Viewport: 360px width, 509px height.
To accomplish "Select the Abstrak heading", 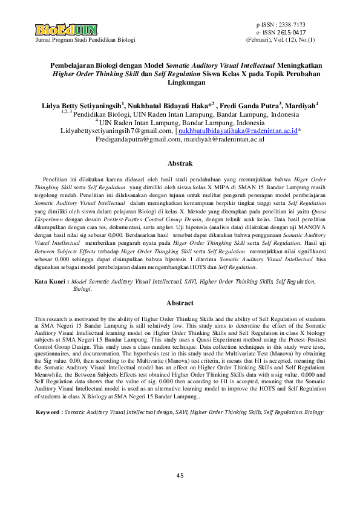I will pos(180,164).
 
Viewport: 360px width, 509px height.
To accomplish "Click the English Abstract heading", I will pos(180,303).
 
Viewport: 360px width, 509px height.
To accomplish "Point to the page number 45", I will pos(180,476).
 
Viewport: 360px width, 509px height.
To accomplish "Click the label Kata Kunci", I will pos(51,282).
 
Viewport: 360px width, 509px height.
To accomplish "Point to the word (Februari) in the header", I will pos(260,39).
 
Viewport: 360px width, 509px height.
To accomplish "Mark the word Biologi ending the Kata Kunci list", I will pos(82,290).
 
